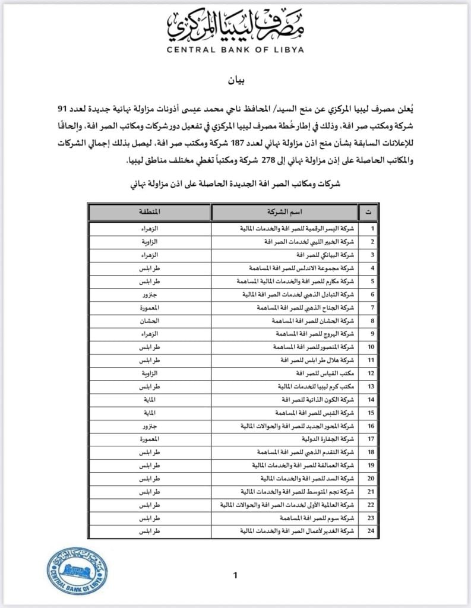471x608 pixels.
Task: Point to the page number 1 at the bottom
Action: tap(236, 575)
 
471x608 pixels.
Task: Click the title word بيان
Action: tap(236, 79)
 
